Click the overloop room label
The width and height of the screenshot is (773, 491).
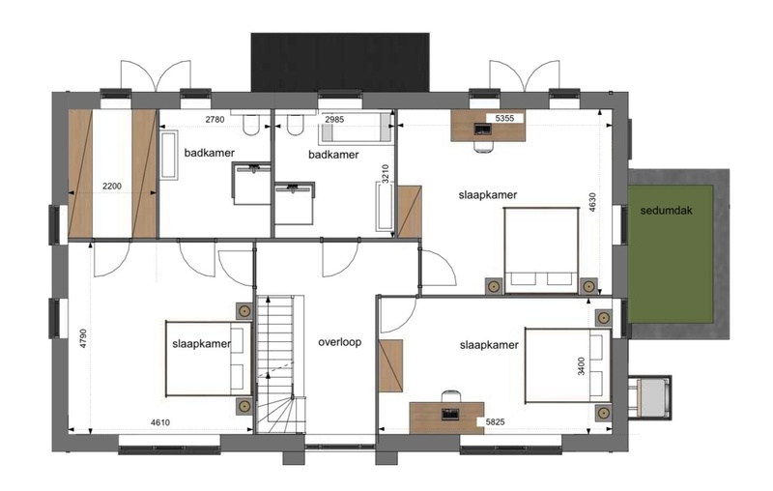coord(339,342)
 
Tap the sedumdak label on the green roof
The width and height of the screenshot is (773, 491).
coord(666,211)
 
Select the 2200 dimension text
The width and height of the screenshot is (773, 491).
coord(112,187)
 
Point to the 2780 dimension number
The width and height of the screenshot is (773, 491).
coord(215,119)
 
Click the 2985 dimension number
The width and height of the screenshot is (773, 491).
coord(334,119)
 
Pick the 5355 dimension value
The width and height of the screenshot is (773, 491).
coord(504,118)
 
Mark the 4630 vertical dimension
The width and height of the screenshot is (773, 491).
coord(592,202)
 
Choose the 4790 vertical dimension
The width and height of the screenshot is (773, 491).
coord(83,338)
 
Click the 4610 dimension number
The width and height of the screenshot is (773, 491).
coord(160,422)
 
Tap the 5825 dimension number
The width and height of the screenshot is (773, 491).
coord(495,422)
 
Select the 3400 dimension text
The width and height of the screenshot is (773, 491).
coord(582,366)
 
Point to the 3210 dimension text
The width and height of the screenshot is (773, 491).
coord(386,174)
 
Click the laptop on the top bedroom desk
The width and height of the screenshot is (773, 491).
coord(482,129)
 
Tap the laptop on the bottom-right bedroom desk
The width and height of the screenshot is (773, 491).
coord(450,414)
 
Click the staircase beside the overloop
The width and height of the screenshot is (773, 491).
coord(280,364)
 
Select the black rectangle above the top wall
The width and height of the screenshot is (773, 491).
coord(340,62)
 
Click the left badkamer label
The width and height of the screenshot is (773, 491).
coord(210,153)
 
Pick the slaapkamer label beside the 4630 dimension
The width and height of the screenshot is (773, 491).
coord(488,195)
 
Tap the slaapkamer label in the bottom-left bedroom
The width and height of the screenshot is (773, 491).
coord(202,344)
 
